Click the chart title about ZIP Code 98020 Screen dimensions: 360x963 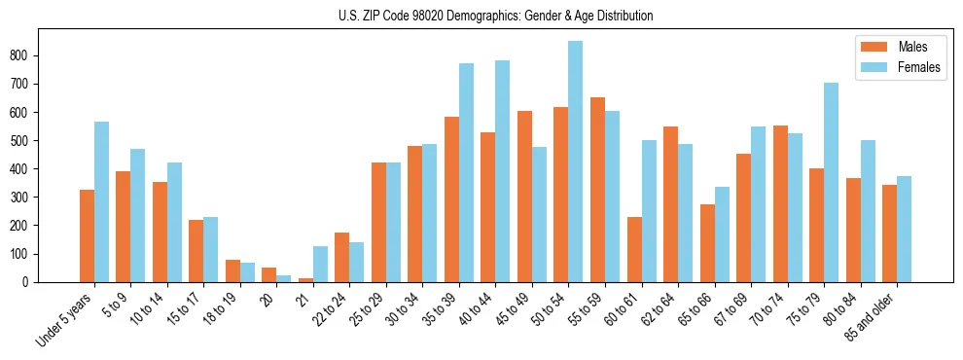coord(481,16)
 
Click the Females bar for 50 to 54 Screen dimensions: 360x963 coord(576,162)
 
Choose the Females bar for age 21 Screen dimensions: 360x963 coord(320,264)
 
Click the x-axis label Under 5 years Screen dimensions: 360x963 coord(66,316)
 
